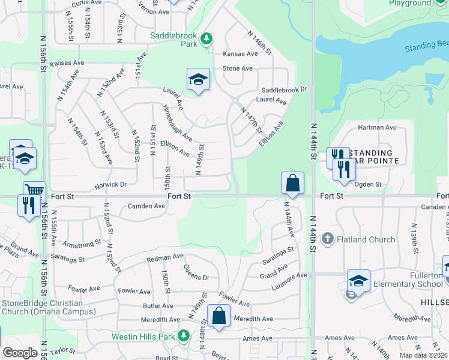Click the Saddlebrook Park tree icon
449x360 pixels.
[206, 39]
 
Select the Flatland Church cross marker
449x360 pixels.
[327, 239]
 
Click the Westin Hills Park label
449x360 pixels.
[143, 337]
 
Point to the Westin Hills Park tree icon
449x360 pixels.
[185, 336]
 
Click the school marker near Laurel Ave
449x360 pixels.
[197, 80]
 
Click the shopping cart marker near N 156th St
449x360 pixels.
[35, 191]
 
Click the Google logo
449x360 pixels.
[20, 353]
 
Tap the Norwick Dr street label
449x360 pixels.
[110, 185]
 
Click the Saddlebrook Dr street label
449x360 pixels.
[284, 89]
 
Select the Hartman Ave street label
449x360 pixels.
[377, 127]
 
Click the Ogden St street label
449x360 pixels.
[369, 184]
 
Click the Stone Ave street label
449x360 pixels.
[238, 68]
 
